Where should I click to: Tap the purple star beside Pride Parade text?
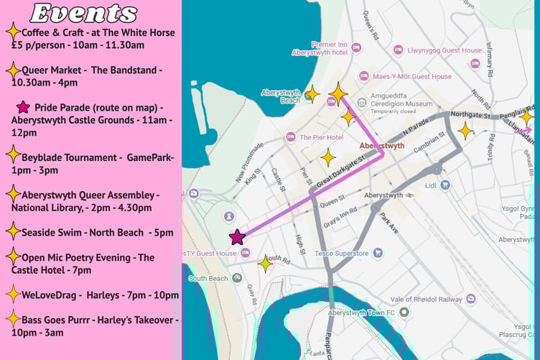tap(23, 107)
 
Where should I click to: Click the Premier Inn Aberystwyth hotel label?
tap(320, 48)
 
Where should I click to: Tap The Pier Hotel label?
tap(321, 137)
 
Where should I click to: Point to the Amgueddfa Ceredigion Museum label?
tap(411, 103)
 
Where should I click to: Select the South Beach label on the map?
tap(208, 278)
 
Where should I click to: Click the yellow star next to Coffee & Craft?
tap(12, 32)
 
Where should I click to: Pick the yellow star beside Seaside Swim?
tap(12, 231)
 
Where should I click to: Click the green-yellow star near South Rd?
tap(266, 264)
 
